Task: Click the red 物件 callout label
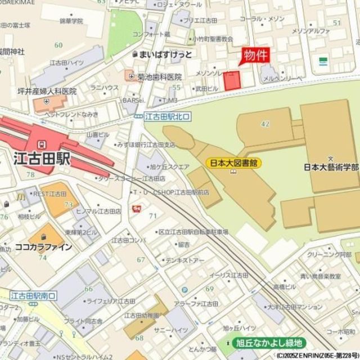click(256, 55)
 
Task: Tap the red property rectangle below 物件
click(232, 80)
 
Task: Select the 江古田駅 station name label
click(41, 159)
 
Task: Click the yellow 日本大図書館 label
click(234, 163)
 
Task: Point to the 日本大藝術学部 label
click(331, 167)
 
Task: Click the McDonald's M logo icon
click(20, 196)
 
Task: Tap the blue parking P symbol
click(184, 291)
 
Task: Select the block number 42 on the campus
click(265, 123)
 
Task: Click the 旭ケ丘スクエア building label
click(169, 166)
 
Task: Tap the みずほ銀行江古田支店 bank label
click(146, 145)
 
